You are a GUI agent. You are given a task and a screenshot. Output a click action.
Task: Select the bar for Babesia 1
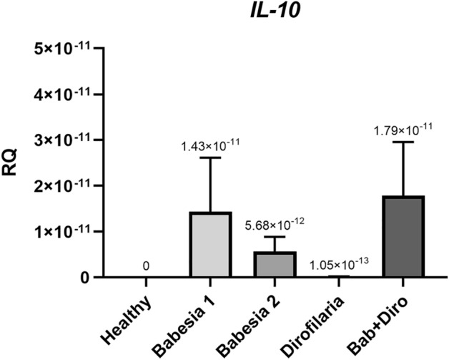click(x=210, y=245)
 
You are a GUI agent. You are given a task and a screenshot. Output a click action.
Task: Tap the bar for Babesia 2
click(x=275, y=264)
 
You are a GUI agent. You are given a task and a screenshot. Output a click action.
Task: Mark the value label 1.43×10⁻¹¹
click(x=210, y=145)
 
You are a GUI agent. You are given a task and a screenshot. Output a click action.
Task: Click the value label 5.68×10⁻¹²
click(x=275, y=224)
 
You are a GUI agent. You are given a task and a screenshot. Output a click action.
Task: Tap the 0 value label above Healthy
click(x=146, y=266)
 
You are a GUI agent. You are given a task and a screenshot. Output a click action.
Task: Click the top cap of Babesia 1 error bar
click(x=210, y=157)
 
